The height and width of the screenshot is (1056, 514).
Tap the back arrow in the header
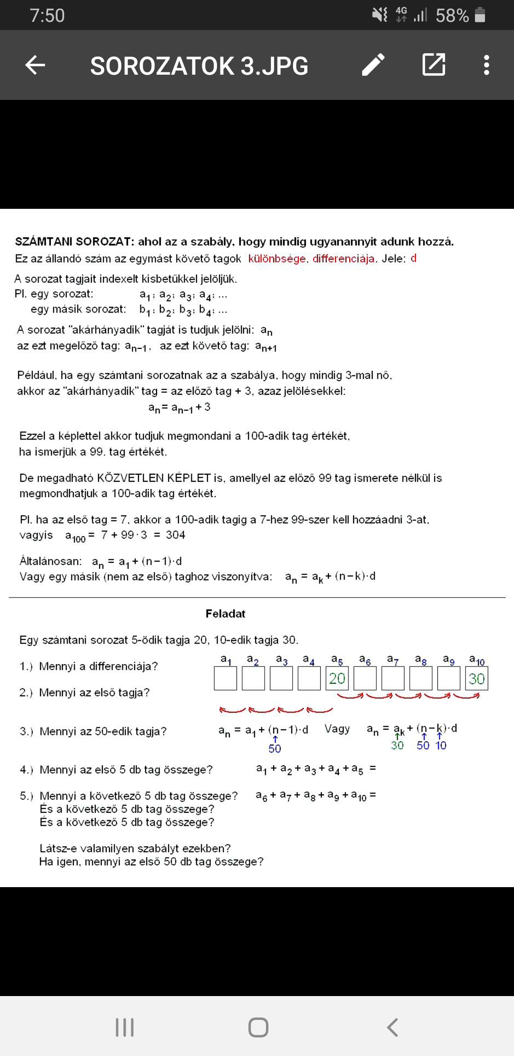[x=35, y=65]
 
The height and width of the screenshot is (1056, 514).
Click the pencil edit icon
[x=373, y=65]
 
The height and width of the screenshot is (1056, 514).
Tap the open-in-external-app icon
[x=434, y=65]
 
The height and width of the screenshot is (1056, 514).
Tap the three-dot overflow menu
[x=486, y=65]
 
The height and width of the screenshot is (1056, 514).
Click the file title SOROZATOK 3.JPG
[x=199, y=66]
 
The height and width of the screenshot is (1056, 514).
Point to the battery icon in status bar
[x=480, y=15]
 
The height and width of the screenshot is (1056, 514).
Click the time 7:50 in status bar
[x=47, y=16]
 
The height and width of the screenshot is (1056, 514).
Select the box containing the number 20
[x=337, y=678]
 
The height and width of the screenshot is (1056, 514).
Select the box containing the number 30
[x=476, y=678]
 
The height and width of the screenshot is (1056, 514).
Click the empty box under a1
[x=225, y=678]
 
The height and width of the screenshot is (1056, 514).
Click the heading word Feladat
[x=225, y=614]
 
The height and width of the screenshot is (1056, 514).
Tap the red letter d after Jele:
[x=414, y=258]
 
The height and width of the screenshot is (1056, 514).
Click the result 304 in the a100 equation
[x=175, y=535]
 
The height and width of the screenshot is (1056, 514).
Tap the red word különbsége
[x=277, y=259]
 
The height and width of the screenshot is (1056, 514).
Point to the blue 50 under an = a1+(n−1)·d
[x=275, y=749]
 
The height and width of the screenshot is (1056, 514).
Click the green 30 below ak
[x=397, y=745]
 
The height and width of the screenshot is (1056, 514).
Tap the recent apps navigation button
[x=125, y=1027]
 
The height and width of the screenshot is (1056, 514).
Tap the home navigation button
[x=258, y=1027]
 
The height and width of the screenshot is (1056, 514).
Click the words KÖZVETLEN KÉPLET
[x=154, y=478]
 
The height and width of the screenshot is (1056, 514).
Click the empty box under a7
[x=393, y=678]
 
